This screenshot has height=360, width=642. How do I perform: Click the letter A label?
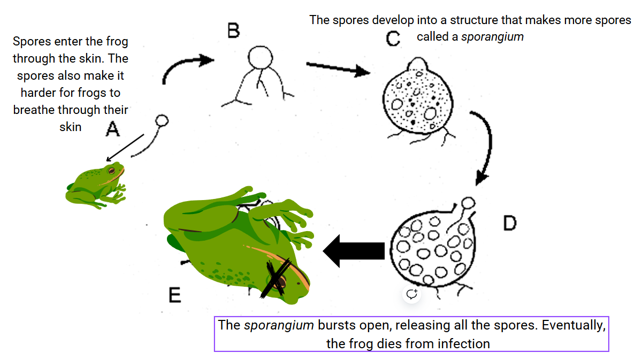112,128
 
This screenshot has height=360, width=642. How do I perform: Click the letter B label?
233,32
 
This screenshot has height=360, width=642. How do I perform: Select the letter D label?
510,223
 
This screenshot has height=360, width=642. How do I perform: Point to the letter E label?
174,295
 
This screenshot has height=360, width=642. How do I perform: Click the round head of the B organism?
262,57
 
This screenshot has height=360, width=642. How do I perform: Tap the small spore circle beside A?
162,120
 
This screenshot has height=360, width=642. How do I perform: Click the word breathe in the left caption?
36,110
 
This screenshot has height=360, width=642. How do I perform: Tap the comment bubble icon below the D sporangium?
411,294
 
